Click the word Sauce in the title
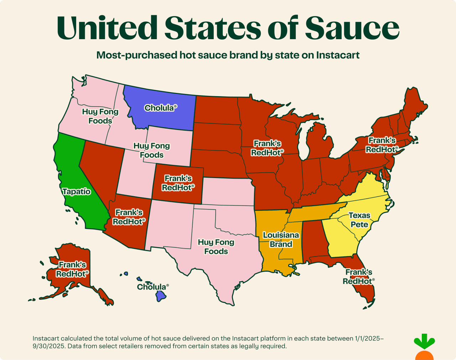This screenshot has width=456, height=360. point(352,28)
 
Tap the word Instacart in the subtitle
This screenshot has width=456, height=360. point(338,56)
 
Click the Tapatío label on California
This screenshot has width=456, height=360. point(76,192)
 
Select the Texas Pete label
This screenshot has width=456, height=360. point(359,220)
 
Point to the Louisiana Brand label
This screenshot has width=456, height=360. point(281,240)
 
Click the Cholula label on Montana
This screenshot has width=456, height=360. point(160,108)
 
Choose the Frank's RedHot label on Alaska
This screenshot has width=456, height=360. point(72,269)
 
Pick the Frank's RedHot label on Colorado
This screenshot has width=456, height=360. point(178,183)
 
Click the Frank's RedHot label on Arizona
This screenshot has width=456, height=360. point(129,217)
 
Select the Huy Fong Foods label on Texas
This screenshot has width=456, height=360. point(216,247)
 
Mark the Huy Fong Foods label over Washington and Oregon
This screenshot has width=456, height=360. point(100,116)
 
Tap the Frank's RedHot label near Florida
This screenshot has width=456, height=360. point(358,277)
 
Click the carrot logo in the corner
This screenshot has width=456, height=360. point(424,347)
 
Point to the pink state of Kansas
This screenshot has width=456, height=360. point(228,191)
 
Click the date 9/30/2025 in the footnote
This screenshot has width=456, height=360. point(48,346)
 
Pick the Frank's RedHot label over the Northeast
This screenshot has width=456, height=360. point(382,145)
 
